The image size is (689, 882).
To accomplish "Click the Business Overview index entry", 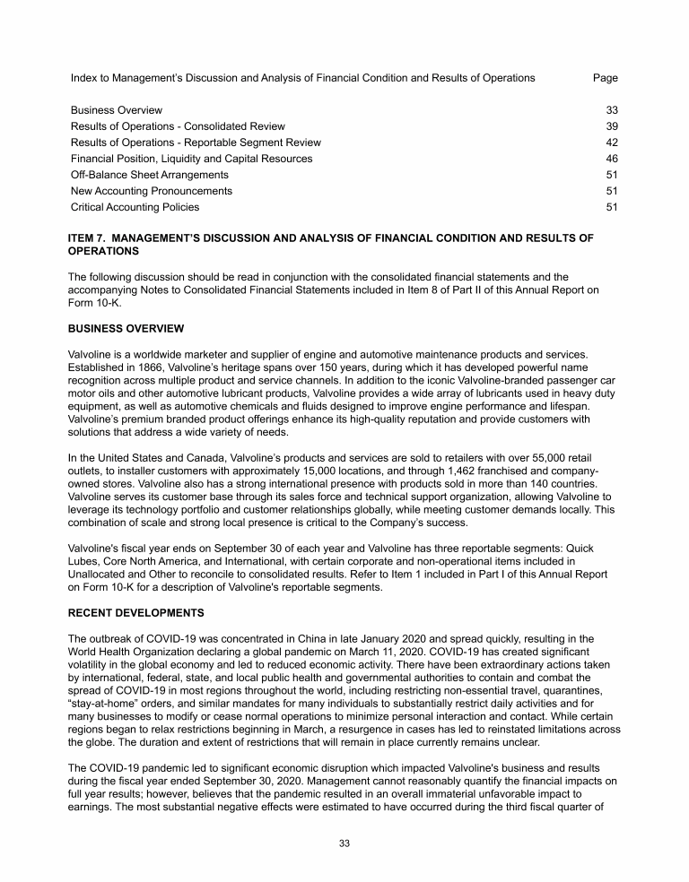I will pyautogui.click(x=117, y=110).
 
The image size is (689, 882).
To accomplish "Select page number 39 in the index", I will pyautogui.click(x=613, y=126).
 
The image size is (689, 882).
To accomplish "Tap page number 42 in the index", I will pyautogui.click(x=613, y=143).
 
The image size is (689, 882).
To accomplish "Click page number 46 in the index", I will pyautogui.click(x=613, y=159).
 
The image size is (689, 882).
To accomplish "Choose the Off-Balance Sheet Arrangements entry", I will pyautogui.click(x=149, y=175).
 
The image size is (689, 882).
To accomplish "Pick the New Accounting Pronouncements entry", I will pyautogui.click(x=151, y=191).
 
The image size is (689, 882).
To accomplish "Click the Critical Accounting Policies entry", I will pyautogui.click(x=135, y=207).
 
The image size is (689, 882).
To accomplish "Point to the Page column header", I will pyautogui.click(x=606, y=78).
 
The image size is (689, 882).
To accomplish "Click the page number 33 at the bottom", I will pyautogui.click(x=344, y=844).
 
